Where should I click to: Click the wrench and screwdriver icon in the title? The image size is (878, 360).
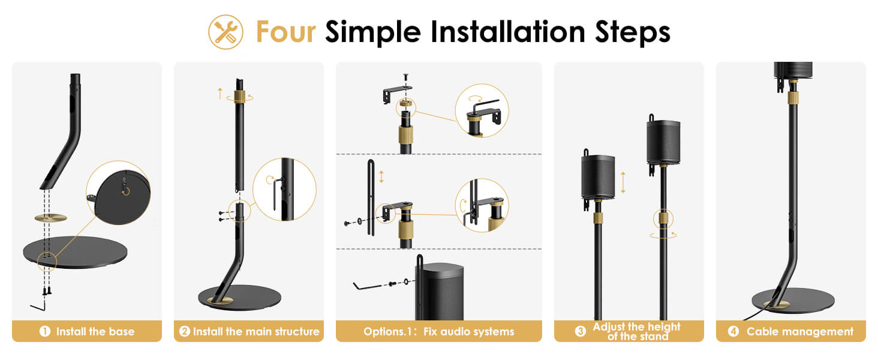pyautogui.click(x=225, y=32)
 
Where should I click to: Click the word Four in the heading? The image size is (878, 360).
pyautogui.click(x=285, y=32)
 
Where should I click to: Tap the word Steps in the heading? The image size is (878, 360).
pyautogui.click(x=632, y=33)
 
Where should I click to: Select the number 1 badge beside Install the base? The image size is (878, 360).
pyautogui.click(x=45, y=331)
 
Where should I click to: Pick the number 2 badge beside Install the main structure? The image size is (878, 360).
pyautogui.click(x=185, y=331)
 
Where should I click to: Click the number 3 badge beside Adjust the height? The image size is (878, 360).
pyautogui.click(x=581, y=331)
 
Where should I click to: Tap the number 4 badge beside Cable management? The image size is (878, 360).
pyautogui.click(x=733, y=331)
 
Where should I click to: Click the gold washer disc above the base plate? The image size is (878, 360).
pyautogui.click(x=50, y=218)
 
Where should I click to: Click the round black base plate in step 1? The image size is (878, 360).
pyautogui.click(x=75, y=252)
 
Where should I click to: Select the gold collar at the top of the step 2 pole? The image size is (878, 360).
pyautogui.click(x=239, y=96)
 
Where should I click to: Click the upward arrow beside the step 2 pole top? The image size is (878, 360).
pyautogui.click(x=220, y=94)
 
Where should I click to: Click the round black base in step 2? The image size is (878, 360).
pyautogui.click(x=239, y=298)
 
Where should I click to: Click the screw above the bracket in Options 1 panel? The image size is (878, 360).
pyautogui.click(x=405, y=77)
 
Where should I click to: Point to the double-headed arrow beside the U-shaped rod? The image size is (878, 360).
pyautogui.click(x=381, y=176)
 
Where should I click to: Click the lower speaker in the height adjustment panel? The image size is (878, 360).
pyautogui.click(x=598, y=177)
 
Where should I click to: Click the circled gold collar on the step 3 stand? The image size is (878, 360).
pyautogui.click(x=663, y=219)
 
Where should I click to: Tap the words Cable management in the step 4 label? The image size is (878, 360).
pyautogui.click(x=799, y=332)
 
